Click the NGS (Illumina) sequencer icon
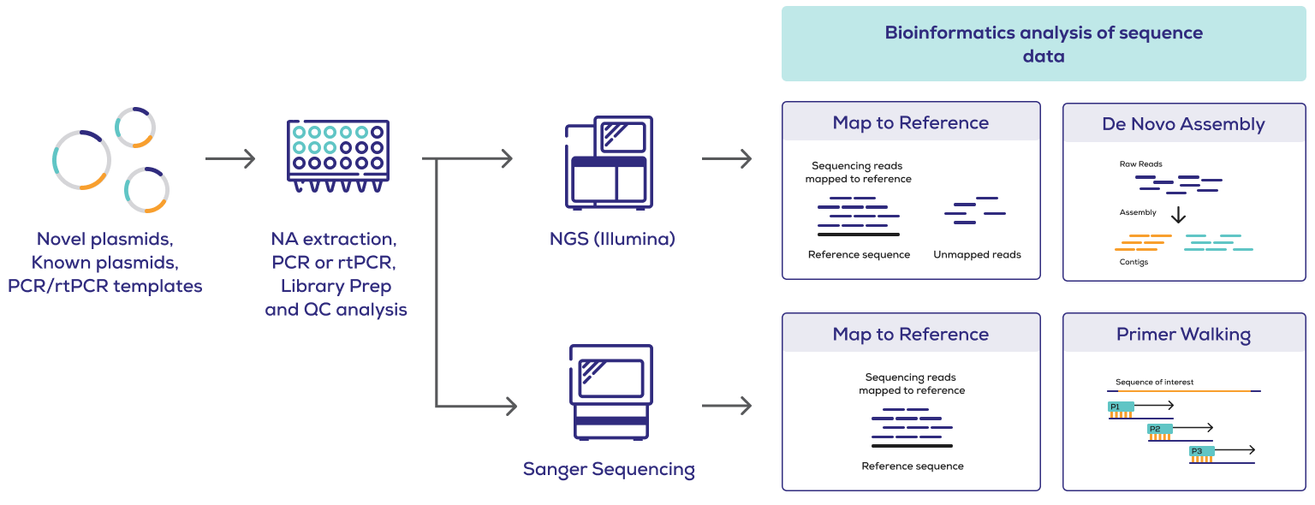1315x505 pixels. coord(608,163)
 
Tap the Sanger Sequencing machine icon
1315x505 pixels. coord(610,392)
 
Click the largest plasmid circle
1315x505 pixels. coord(81,160)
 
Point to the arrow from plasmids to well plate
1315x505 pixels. coord(230,158)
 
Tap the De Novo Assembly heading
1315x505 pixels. coord(1183,124)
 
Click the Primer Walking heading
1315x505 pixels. coord(1183,335)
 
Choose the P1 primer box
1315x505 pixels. coord(1120,407)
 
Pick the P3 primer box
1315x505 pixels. coord(1201,451)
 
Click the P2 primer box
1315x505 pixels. coord(1160,429)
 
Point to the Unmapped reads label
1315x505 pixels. coord(977,254)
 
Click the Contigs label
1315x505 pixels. coord(1134,262)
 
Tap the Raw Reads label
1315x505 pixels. coord(1140,164)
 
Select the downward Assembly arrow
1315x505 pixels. coord(1178,214)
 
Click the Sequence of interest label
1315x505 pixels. coord(1154,382)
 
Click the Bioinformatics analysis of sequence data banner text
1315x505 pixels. coord(1043,45)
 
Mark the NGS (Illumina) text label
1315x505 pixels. coord(612,239)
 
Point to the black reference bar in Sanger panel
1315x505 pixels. coord(912,446)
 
